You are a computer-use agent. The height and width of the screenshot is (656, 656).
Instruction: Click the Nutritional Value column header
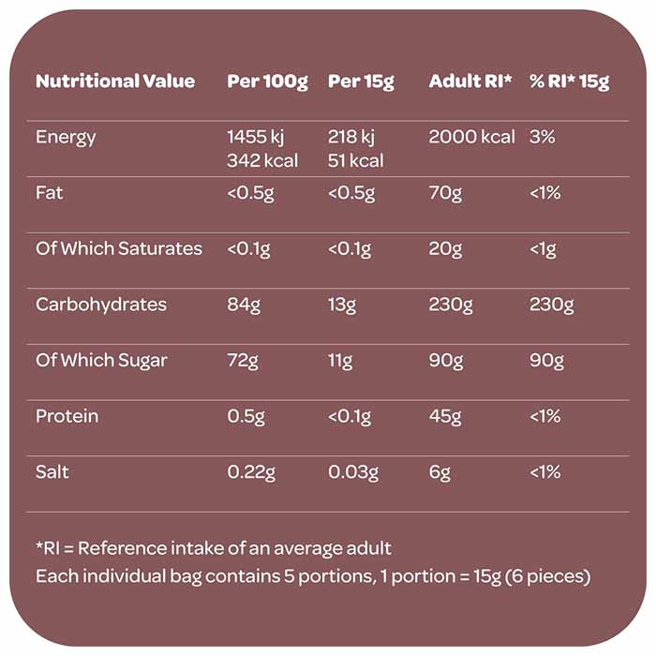click(x=115, y=82)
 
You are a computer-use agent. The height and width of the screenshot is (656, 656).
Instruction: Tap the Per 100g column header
click(x=267, y=82)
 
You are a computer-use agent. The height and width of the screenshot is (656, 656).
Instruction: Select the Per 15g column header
click(x=361, y=82)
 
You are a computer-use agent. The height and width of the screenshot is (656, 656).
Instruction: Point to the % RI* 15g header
click(x=569, y=82)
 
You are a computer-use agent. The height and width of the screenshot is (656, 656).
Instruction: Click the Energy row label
click(x=66, y=137)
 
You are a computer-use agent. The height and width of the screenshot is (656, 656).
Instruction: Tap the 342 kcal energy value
click(x=262, y=161)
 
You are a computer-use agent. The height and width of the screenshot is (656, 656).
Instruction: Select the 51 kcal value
click(x=356, y=161)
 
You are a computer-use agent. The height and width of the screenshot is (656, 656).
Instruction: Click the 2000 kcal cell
click(x=472, y=137)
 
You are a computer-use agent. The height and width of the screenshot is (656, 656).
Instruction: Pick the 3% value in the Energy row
click(x=543, y=137)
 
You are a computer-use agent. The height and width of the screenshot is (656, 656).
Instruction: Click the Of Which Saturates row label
click(x=119, y=248)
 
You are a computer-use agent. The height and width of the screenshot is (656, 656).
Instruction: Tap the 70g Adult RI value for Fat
click(x=445, y=193)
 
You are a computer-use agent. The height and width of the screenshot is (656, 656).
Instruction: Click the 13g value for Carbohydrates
click(x=342, y=305)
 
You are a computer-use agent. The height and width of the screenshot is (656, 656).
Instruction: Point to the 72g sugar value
click(x=243, y=361)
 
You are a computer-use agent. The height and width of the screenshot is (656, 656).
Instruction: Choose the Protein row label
click(x=67, y=416)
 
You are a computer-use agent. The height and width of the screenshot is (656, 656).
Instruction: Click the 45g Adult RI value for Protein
click(x=446, y=416)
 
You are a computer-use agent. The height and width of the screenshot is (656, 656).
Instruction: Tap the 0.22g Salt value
click(x=251, y=472)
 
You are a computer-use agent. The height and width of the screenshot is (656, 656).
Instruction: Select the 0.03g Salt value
click(x=353, y=472)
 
